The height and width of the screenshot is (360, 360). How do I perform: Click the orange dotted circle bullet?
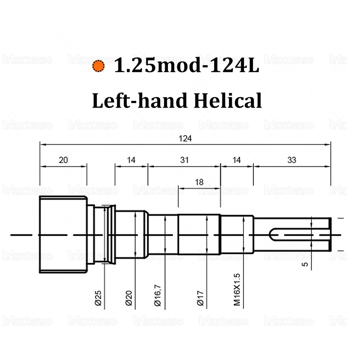(98, 66)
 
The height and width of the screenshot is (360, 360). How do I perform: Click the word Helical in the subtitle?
(228, 100)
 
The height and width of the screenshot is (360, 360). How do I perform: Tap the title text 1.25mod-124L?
(186, 65)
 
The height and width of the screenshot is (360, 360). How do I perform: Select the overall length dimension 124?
(185, 139)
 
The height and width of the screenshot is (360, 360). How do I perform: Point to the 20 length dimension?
(63, 160)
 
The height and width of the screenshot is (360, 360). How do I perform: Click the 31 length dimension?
(184, 160)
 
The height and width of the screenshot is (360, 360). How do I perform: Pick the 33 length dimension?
(292, 160)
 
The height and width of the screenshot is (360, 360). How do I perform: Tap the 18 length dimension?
(199, 182)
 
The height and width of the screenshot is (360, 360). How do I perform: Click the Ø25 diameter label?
(98, 298)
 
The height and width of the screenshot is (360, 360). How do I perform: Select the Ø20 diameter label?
(129, 298)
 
